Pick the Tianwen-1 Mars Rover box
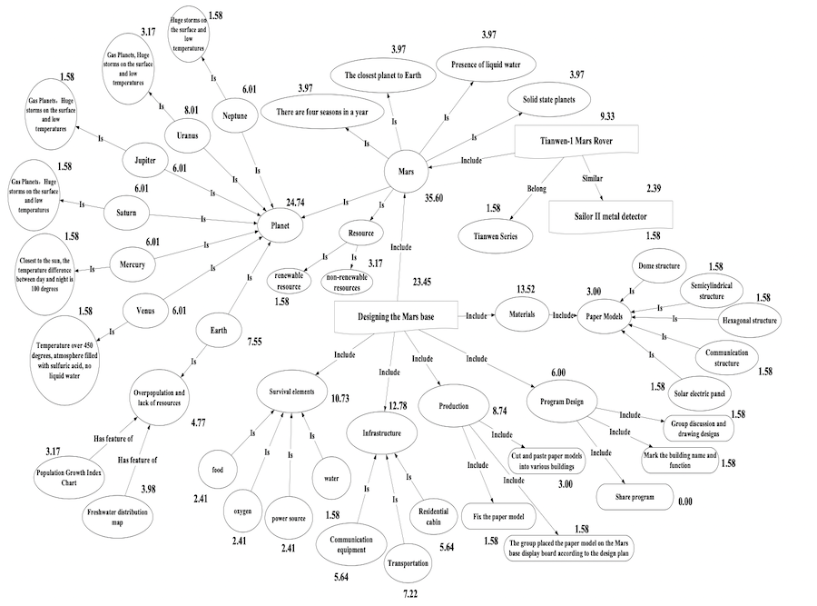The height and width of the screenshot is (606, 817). coord(576,141)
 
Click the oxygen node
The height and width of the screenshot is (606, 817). coord(241,510)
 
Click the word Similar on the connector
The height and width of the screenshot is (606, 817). coord(592,178)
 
